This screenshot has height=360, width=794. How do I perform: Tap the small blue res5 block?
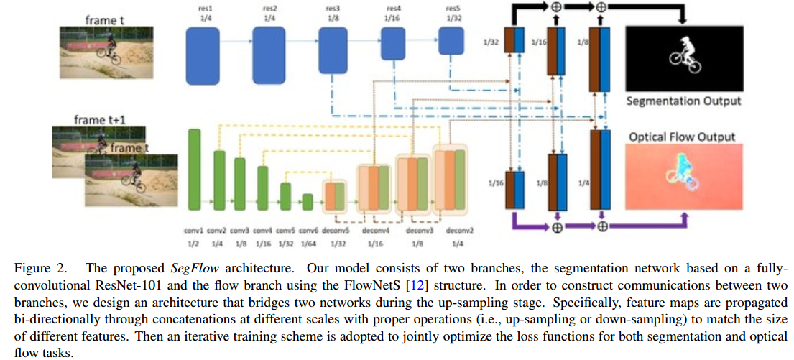(450, 44)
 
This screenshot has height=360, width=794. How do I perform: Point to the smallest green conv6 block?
(308, 201)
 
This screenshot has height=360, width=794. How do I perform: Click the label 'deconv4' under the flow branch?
(377, 231)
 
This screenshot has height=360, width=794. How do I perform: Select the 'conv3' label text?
(240, 231)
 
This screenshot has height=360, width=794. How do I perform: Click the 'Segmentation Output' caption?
(683, 101)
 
